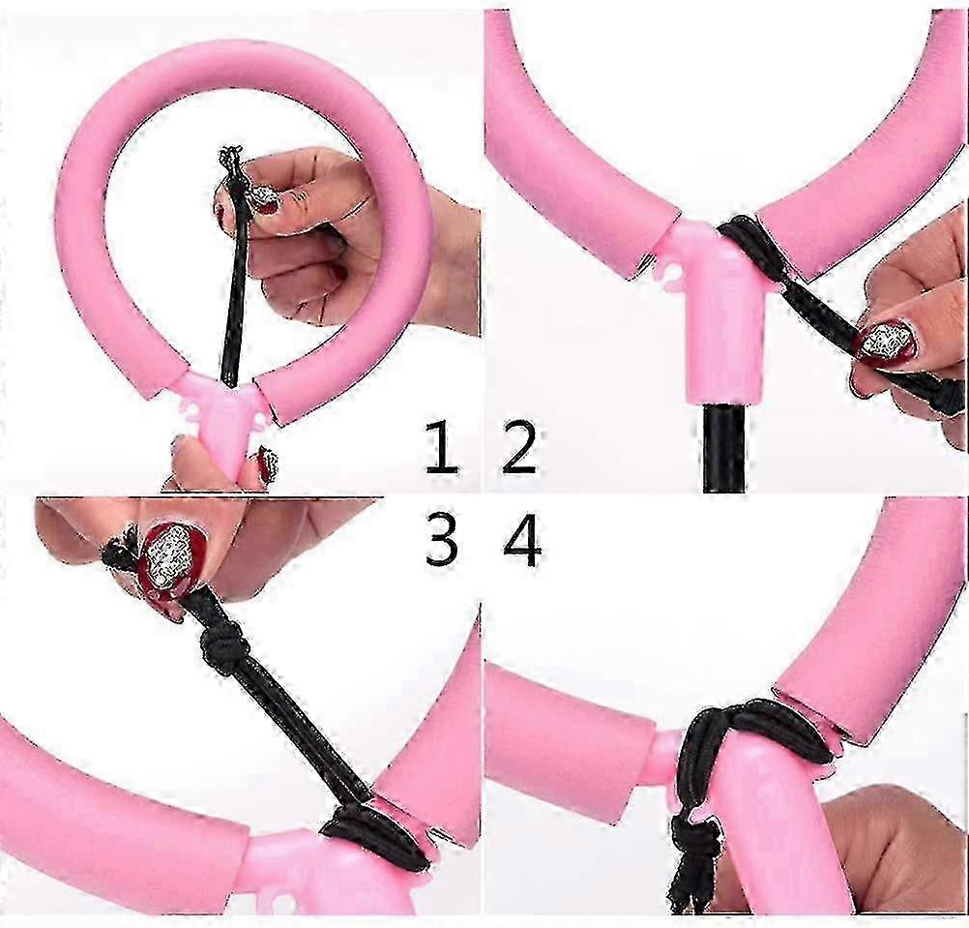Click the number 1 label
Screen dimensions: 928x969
(x=441, y=446)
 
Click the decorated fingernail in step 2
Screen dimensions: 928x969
(x=885, y=341)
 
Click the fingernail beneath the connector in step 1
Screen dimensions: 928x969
(x=267, y=464)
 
